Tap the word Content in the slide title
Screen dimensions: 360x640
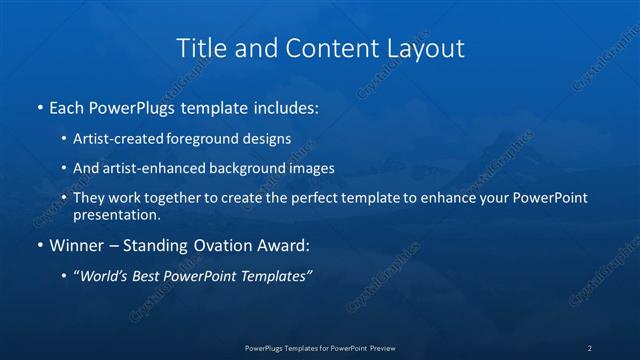325,48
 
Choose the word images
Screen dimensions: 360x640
311,168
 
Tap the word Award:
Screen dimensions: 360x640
286,244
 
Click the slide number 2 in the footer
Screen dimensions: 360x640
589,347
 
